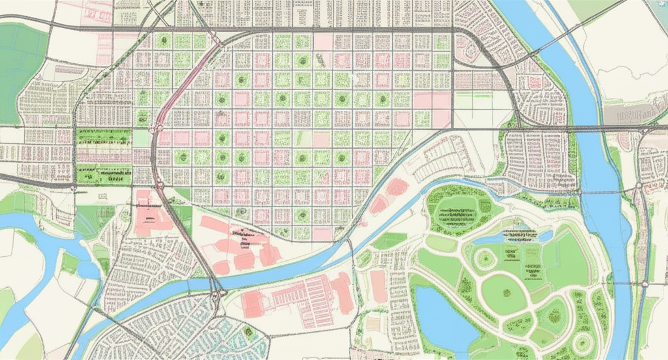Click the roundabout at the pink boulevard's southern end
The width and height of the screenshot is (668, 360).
pyautogui.click(x=157, y=129)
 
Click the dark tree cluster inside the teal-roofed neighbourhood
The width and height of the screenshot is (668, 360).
pyautogui.click(x=248, y=333)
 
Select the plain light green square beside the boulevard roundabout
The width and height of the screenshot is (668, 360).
pyautogui.click(x=142, y=138)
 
